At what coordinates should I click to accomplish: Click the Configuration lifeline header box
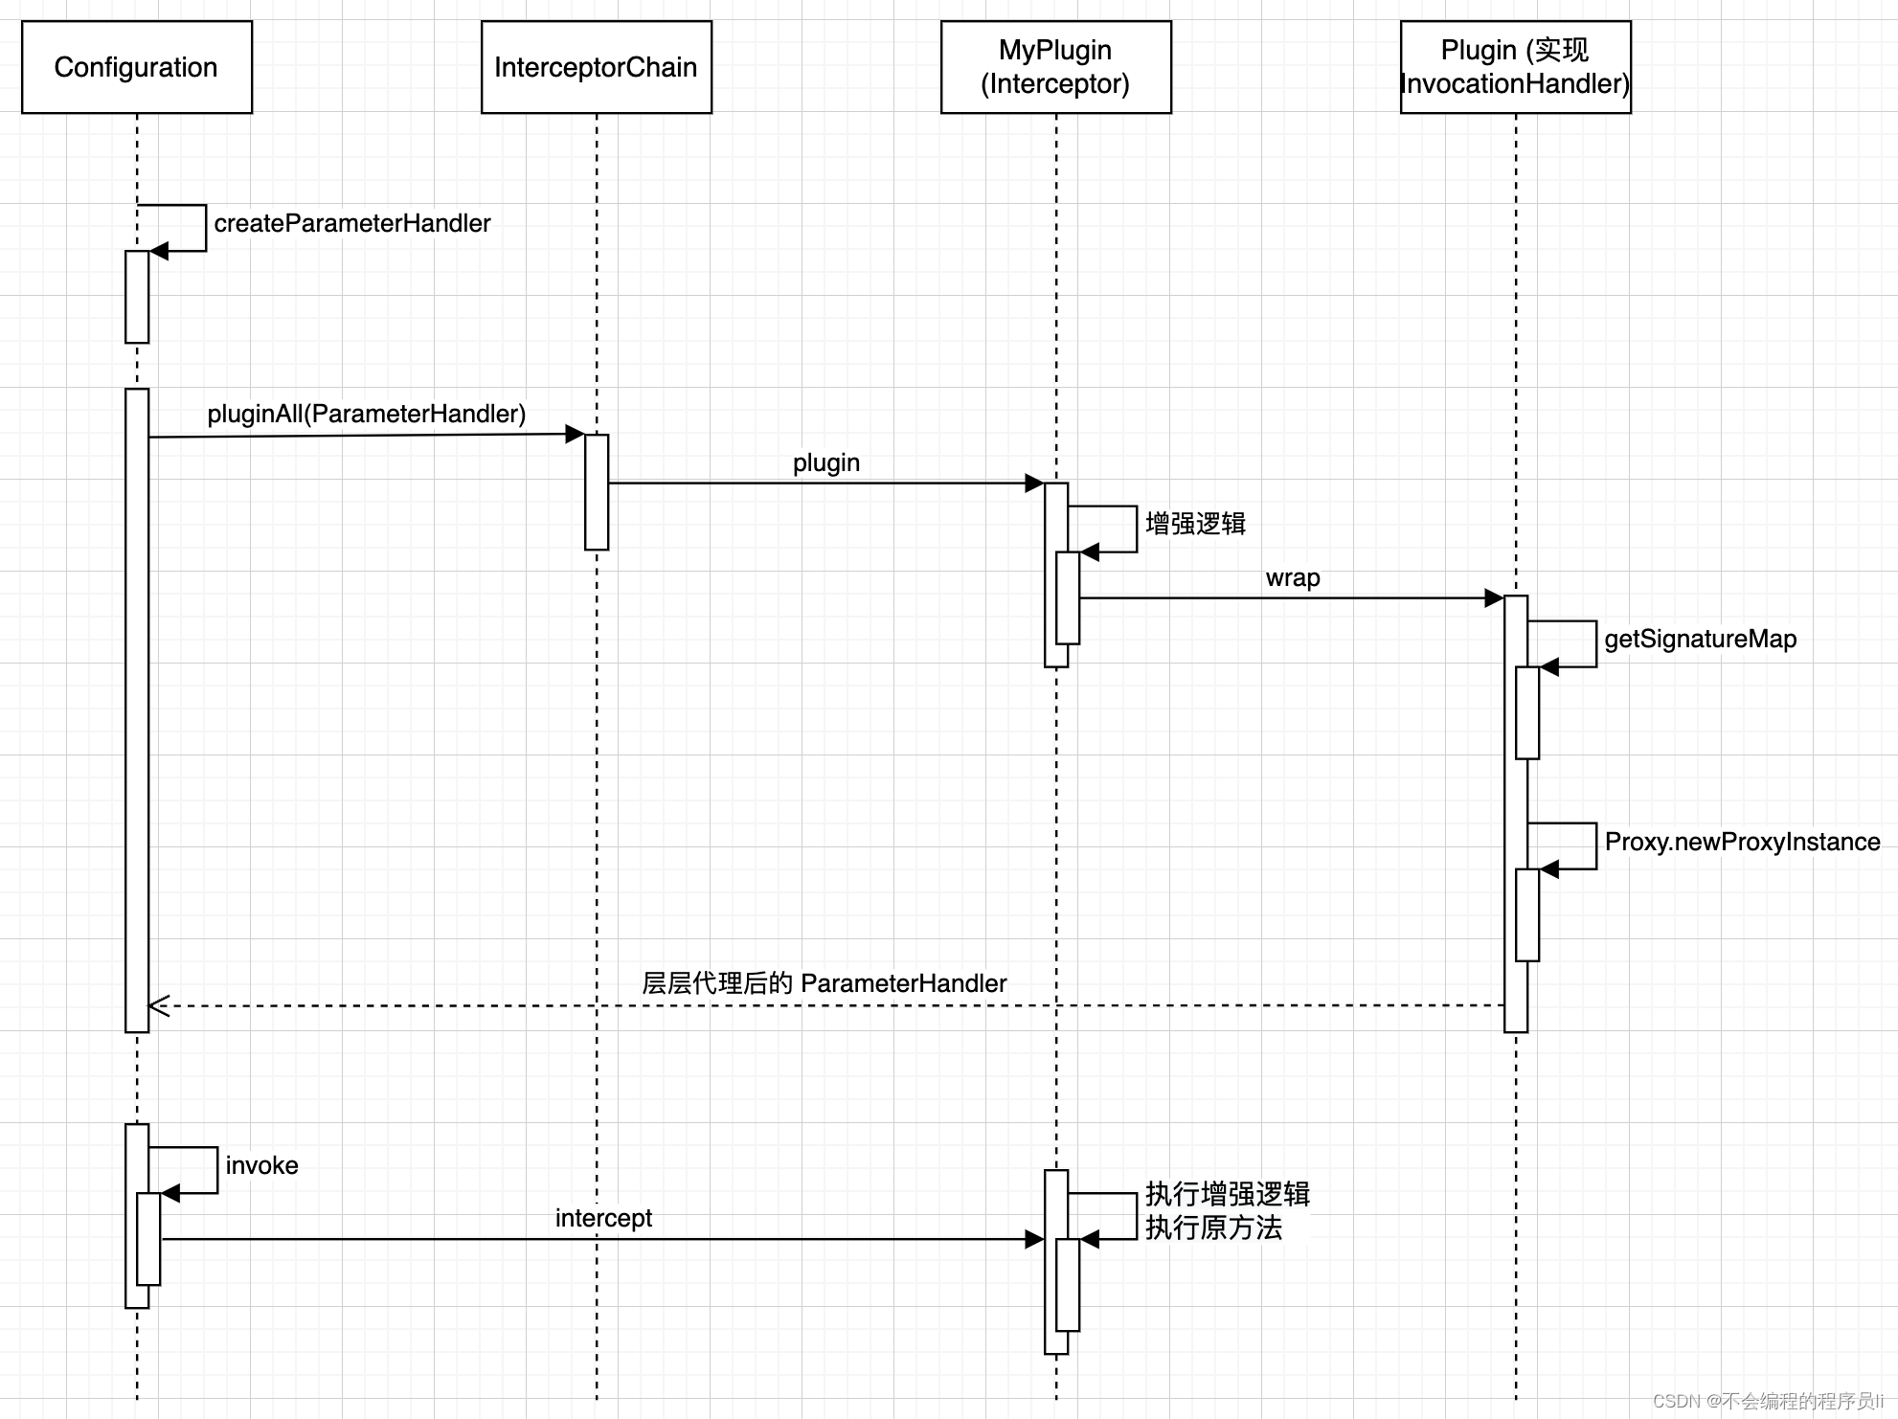(x=137, y=67)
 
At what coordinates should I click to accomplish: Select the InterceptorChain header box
(x=597, y=67)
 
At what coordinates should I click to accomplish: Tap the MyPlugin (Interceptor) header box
(x=1056, y=67)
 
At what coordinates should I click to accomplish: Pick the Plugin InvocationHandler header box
(x=1516, y=67)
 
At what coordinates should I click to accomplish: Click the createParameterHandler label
(x=352, y=224)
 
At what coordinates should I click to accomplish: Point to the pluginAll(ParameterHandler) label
(x=367, y=414)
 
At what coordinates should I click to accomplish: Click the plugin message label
(x=826, y=463)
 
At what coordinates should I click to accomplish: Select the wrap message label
(x=1293, y=578)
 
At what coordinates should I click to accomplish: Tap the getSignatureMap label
(x=1701, y=640)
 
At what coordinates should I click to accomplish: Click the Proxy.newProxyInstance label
(x=1743, y=842)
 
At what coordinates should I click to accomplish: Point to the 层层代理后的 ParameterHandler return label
(x=825, y=983)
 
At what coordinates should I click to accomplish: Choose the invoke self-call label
(x=261, y=1165)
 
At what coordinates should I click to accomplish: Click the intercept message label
(x=603, y=1218)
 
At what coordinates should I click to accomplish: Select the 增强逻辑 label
(x=1196, y=524)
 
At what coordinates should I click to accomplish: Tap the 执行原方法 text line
(x=1213, y=1228)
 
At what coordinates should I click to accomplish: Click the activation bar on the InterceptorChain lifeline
(x=597, y=492)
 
